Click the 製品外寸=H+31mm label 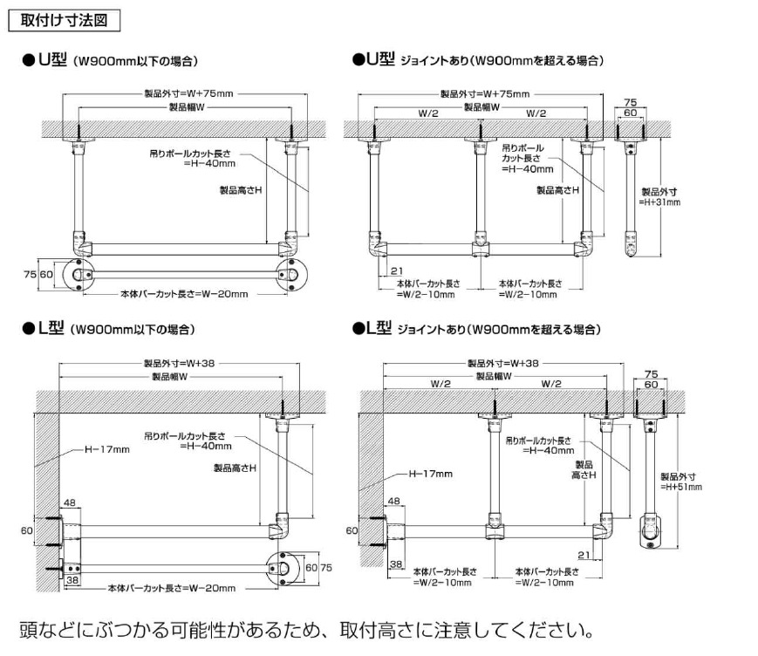pos(659,196)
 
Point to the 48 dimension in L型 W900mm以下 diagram pos(70,502)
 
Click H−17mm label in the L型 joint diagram pos(431,474)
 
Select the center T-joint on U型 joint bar pos(478,248)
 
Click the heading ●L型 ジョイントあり pos(476,329)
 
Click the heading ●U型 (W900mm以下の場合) pos(111,61)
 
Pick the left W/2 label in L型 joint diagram pos(441,385)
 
